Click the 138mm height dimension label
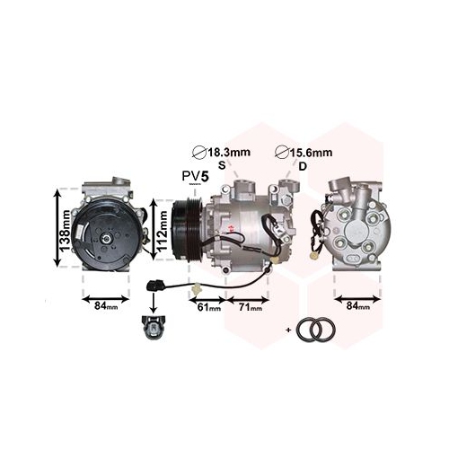[66, 230]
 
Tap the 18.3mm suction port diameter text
[229, 152]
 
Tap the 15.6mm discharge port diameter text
[311, 153]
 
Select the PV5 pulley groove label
[195, 176]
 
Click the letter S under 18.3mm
[222, 165]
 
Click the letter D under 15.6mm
[303, 166]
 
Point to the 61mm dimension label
[209, 307]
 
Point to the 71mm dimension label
[251, 307]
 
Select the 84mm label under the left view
[106, 306]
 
